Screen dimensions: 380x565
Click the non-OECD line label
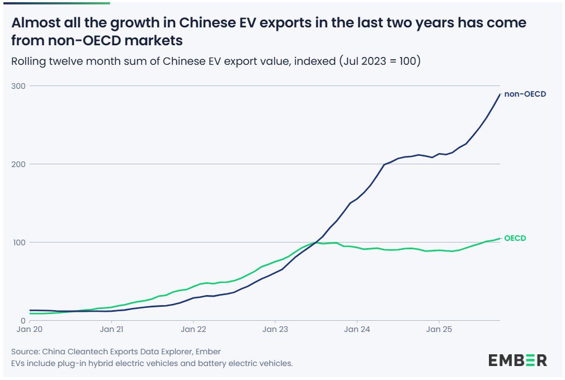(525, 94)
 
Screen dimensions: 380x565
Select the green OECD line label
(515, 238)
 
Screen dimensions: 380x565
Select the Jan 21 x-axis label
(112, 330)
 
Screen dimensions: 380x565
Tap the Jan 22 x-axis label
(193, 330)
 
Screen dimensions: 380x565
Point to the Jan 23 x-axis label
(275, 330)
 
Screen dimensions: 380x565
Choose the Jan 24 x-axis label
(357, 330)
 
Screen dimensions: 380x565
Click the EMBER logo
(517, 360)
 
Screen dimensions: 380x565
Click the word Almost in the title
(35, 23)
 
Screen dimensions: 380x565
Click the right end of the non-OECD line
(500, 94)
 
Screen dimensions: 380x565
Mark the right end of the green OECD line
(500, 239)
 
